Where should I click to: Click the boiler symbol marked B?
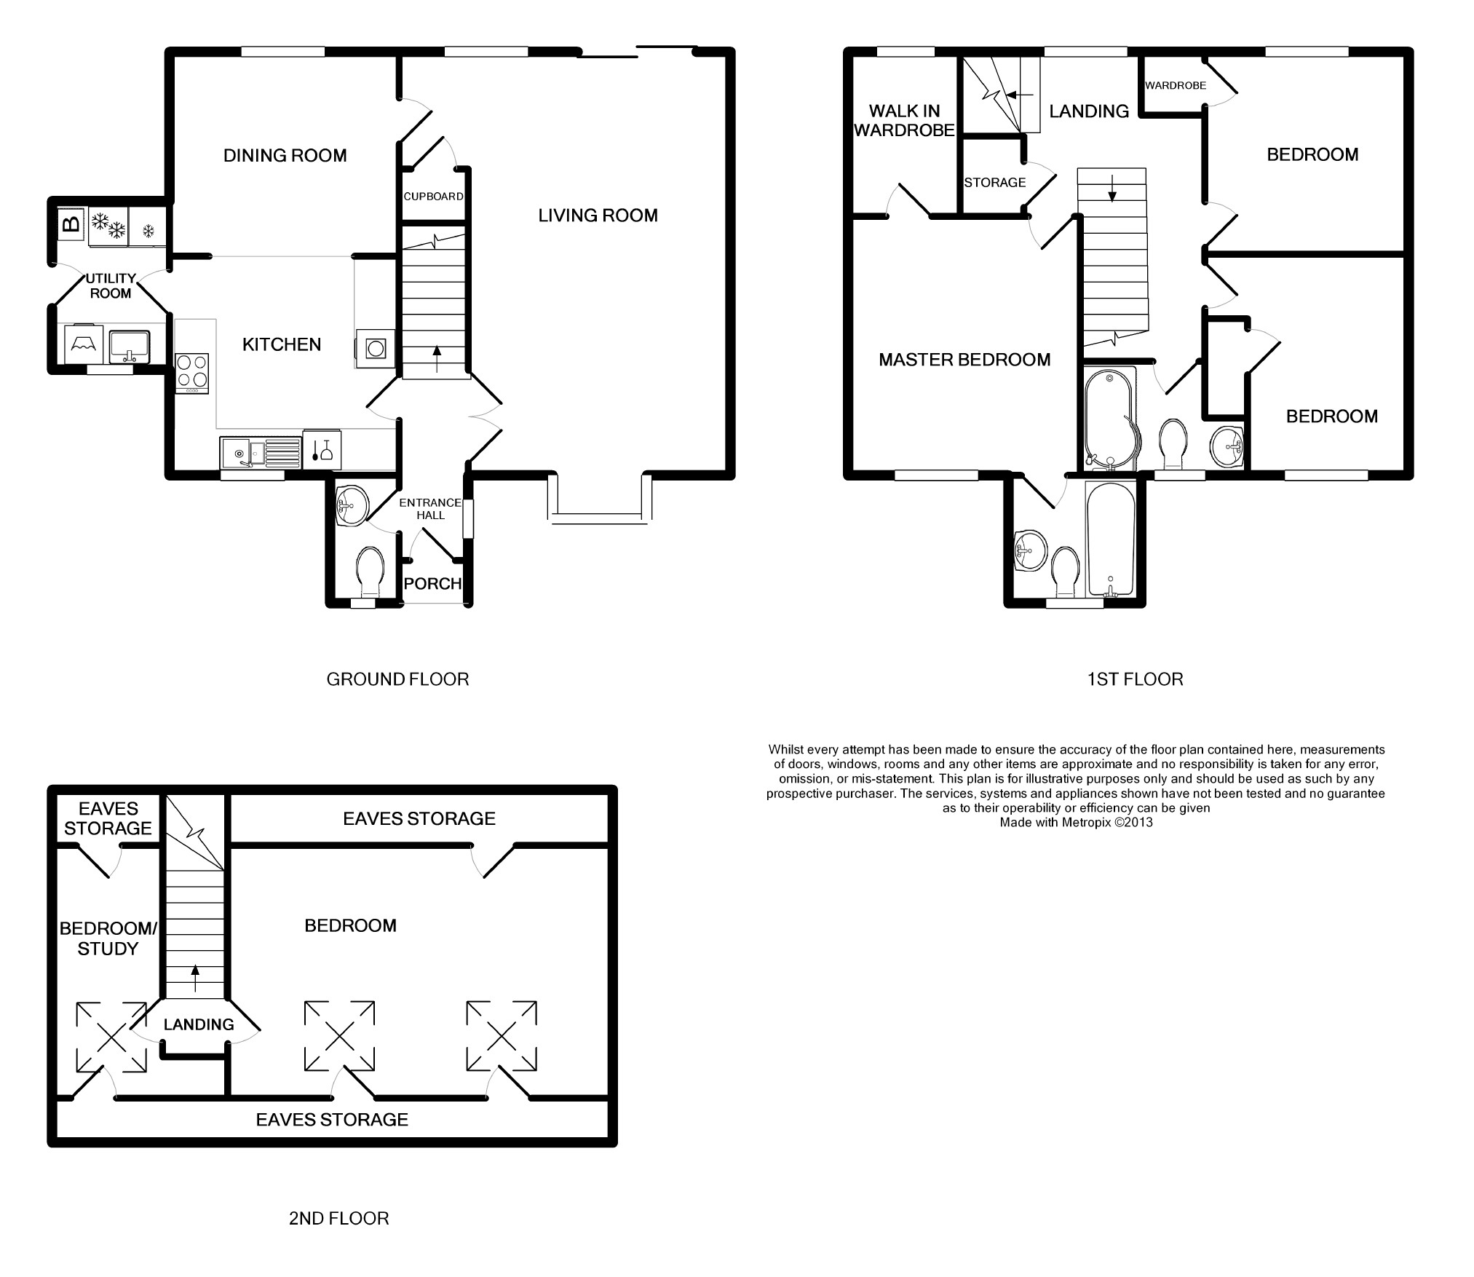71,224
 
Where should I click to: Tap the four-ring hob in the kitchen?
192,373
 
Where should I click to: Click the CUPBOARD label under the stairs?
433,197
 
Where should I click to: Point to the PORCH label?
432,583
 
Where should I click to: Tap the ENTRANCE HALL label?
430,509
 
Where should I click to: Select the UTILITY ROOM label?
111,285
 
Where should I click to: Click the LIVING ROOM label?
598,216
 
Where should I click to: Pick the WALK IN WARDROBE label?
904,120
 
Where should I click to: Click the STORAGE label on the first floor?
994,183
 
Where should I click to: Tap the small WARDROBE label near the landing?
1176,85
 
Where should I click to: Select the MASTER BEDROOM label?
964,360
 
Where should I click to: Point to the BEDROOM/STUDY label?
108,938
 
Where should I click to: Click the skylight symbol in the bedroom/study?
111,1037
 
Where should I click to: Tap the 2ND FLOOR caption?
338,1219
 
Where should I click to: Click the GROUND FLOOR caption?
397,679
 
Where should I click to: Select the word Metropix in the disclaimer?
1085,823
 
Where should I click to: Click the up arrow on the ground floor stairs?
437,359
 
